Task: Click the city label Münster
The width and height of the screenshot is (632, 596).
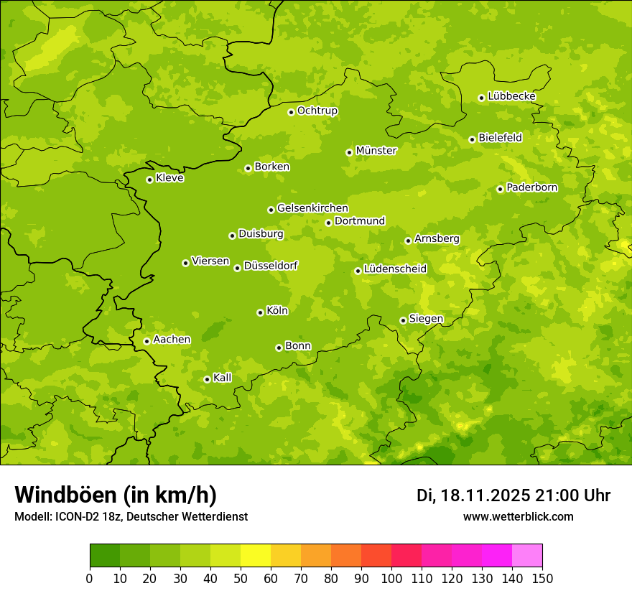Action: [376, 151]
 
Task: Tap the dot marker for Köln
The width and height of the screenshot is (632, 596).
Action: [260, 312]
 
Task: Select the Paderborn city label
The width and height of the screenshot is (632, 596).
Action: [532, 187]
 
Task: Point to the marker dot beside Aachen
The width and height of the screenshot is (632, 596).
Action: [147, 341]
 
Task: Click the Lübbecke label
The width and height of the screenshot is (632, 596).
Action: [512, 96]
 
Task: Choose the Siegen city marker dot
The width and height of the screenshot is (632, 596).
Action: [403, 320]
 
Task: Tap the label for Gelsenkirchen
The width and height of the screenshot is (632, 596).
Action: [312, 208]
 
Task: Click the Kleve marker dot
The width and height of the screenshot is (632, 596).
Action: [149, 180]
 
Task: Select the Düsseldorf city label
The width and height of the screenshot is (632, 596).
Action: [271, 266]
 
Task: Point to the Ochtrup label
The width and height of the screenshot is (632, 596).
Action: [317, 111]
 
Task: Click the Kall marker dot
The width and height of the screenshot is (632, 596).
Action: [207, 379]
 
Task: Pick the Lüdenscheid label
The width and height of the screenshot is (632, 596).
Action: [395, 269]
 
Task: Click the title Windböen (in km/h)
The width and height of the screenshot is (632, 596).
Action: [116, 495]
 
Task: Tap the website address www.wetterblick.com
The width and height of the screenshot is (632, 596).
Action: [519, 516]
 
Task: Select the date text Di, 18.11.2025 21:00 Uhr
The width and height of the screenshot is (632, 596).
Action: [513, 495]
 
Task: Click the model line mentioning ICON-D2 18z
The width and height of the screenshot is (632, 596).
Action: [131, 517]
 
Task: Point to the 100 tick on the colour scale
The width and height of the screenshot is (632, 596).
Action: [391, 578]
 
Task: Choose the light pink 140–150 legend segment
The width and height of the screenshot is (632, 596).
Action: [527, 556]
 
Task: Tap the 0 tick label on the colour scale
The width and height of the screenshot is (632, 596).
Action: [90, 578]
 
